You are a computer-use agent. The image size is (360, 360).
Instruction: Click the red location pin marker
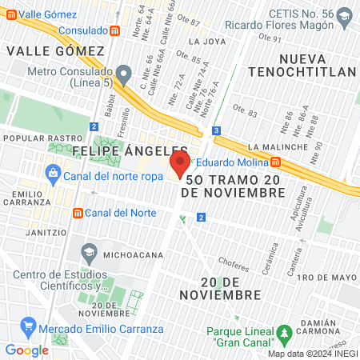tap(180, 165)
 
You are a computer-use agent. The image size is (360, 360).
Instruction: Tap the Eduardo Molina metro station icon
tap(275, 162)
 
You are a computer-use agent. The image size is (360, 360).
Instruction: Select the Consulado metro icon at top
tap(115, 30)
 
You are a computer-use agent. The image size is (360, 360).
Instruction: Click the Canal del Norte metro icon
tap(78, 213)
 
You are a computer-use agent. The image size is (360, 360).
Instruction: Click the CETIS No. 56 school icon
tap(344, 15)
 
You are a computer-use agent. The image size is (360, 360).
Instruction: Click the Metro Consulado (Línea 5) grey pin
tap(122, 73)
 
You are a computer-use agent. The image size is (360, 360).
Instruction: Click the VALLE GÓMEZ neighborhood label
tap(55, 50)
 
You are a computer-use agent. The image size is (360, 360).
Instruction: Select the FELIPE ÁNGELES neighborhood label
tap(129, 150)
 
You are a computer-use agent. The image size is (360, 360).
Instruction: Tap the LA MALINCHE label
tap(278, 147)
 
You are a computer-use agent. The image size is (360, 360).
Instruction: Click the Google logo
tap(26, 350)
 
